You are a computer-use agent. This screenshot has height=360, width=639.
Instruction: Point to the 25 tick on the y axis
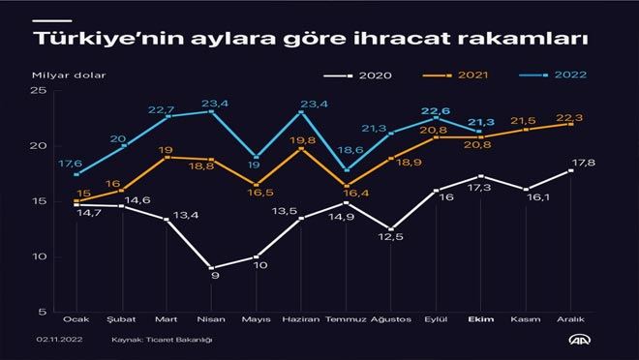pyautogui.click(x=40, y=91)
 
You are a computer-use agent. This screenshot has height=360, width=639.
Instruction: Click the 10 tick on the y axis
pyautogui.click(x=40, y=257)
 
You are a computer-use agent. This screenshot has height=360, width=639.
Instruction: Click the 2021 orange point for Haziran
pyautogui.click(x=302, y=148)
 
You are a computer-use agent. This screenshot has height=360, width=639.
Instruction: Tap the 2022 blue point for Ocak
pyautogui.click(x=76, y=174)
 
